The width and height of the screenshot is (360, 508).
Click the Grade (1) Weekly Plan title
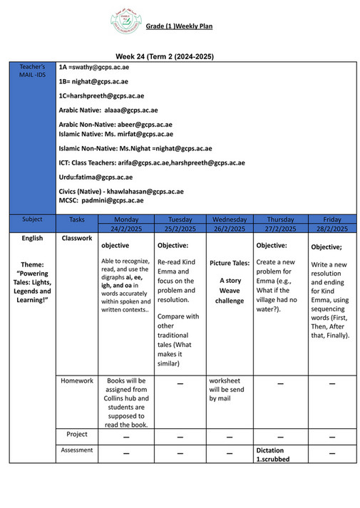pos(179,26)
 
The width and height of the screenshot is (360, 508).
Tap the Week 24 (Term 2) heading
pos(165,56)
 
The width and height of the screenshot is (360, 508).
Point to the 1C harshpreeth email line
pos(101,95)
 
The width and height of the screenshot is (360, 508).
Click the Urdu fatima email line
pos(96,177)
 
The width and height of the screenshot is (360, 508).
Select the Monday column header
pos(126,219)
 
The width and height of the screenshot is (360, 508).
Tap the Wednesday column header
pos(230,219)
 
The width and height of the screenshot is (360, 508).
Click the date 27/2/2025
pos(280,229)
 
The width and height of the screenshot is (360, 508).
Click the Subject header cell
pos(32,219)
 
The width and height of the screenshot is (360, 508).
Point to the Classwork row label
pos(77,238)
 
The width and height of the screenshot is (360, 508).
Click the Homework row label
pos(77,380)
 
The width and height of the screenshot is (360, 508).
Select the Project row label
pos(77,434)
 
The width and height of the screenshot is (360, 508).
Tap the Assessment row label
pos(77,450)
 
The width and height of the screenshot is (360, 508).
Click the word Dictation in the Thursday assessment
pos(269,450)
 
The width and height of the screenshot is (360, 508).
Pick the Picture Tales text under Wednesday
pos(230,263)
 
